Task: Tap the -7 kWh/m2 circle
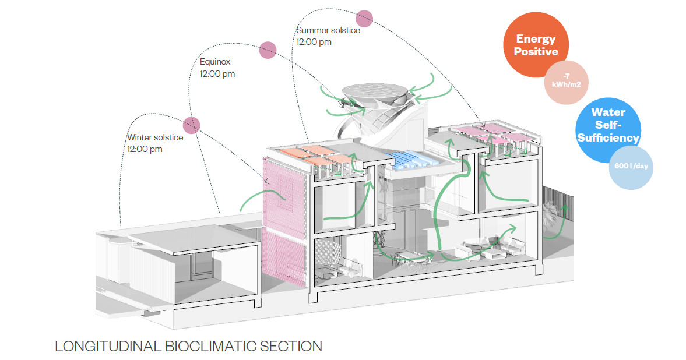pos(566,81)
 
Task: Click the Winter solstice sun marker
pos(192,125)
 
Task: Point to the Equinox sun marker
pos(268,51)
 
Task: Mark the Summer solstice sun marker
pos(365,19)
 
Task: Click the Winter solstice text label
pos(155,137)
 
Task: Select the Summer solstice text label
pos(328,30)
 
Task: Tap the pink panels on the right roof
pos(495,133)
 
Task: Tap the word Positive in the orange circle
pos(536,51)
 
